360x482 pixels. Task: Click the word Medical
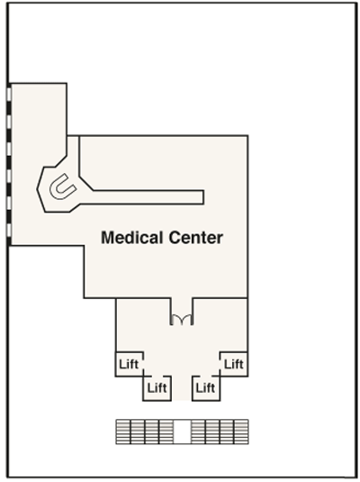coord(132,238)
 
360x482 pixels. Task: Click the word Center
coord(195,238)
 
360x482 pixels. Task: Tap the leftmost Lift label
coord(129,364)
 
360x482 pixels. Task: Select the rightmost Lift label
coord(234,364)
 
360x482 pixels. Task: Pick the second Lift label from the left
coord(157,388)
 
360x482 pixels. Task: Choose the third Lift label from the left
coord(205,388)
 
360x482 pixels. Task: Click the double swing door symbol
coord(182,320)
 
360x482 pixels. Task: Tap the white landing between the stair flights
coord(182,432)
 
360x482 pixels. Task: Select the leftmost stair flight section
coord(123,432)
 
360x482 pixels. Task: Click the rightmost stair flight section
coord(241,432)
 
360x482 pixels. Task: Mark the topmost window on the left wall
coord(9,94)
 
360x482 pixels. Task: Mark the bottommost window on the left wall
coord(9,230)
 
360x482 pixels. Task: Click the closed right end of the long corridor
coord(203,197)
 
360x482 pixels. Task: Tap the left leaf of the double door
coord(176,320)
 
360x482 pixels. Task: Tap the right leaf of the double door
coord(187,320)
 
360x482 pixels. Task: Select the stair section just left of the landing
coord(166,432)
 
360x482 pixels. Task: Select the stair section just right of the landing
coord(198,432)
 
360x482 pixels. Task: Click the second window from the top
coord(9,121)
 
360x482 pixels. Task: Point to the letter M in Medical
coord(107,238)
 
